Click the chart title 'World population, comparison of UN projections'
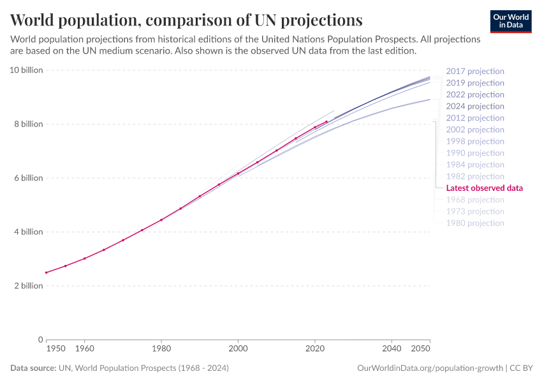tap(186, 19)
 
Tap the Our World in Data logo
tap(510, 21)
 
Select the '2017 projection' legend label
tap(474, 71)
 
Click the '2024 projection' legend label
tap(474, 107)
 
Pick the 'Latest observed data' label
tap(484, 188)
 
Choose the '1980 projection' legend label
tap(474, 223)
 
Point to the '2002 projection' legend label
tap(474, 130)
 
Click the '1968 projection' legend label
tap(474, 200)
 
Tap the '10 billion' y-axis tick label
tap(26, 70)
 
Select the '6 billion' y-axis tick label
tap(28, 178)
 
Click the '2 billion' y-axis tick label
tap(28, 286)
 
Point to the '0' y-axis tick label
tap(40, 340)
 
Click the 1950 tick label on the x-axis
tap(55, 349)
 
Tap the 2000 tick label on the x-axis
tap(238, 349)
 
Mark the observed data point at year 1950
tap(46, 273)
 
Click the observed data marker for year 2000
tap(238, 173)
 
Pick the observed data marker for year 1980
tap(161, 220)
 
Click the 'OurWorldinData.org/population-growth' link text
tap(429, 368)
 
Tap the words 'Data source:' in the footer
tap(33, 368)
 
